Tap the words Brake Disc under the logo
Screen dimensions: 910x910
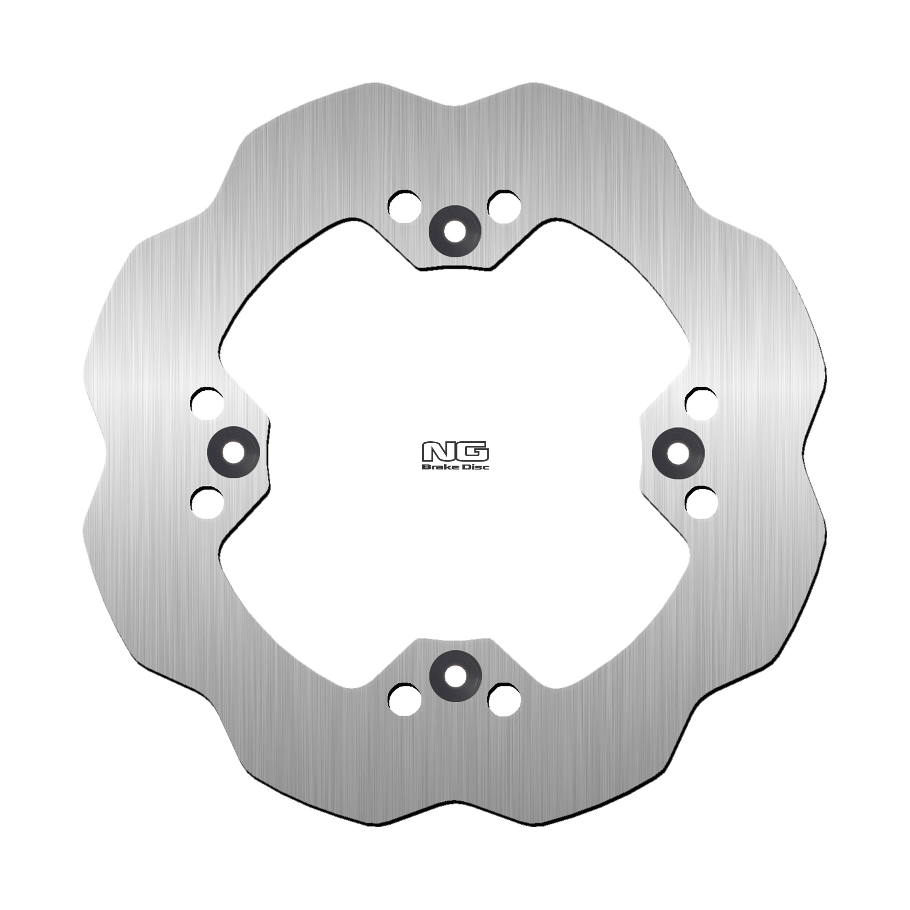click(x=455, y=466)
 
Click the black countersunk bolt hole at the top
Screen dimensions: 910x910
click(x=455, y=231)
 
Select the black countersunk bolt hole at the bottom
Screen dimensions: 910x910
click(x=455, y=677)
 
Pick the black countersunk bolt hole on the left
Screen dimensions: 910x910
click(x=233, y=452)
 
